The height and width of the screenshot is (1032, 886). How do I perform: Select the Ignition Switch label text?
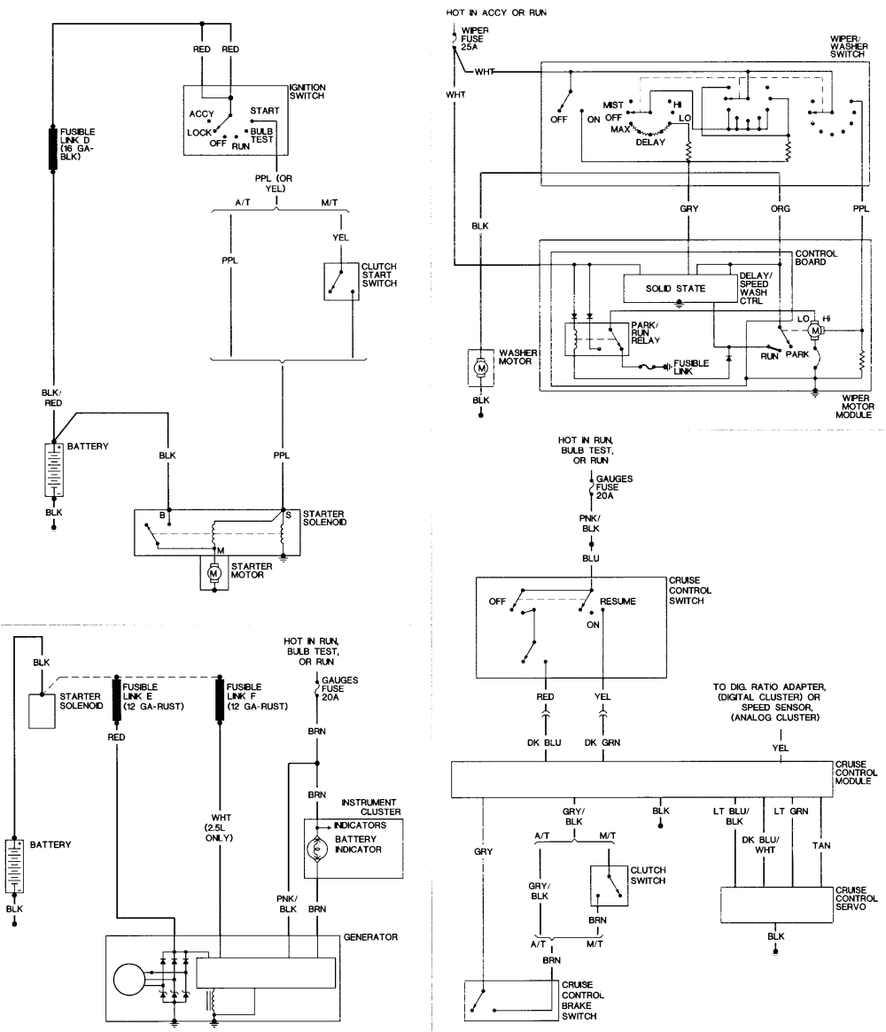point(307,91)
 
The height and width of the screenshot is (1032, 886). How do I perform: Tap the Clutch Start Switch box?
point(340,281)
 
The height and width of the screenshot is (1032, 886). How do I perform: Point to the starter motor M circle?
point(213,573)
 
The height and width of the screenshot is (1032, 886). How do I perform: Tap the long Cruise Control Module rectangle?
point(641,780)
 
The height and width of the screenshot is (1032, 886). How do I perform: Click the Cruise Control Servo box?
point(775,904)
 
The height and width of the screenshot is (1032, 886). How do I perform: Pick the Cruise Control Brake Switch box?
point(509,998)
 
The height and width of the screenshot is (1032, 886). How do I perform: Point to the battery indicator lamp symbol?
point(316,849)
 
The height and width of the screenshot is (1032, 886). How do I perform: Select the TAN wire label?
point(821,845)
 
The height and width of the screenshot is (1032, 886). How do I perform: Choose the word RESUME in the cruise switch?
point(618,601)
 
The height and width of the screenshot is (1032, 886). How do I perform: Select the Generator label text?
point(369,936)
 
